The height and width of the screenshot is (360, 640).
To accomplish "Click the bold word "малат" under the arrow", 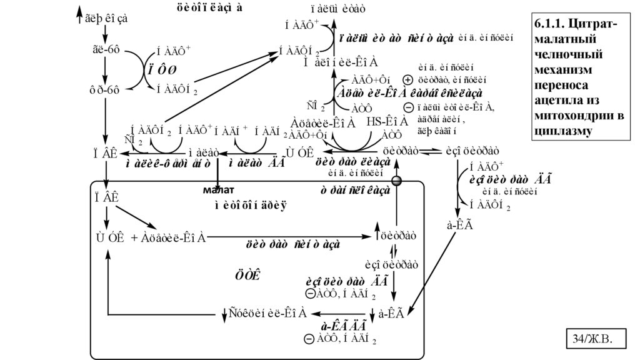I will click(217, 189).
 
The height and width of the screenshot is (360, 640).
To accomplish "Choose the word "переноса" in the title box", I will click(561, 84).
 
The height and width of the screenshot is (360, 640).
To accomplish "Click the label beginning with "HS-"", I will click(387, 122).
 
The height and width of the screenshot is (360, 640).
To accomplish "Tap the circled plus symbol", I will click(407, 80).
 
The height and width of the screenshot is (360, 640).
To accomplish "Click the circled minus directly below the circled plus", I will click(407, 107).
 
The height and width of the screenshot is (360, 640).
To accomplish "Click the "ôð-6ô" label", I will click(104, 89).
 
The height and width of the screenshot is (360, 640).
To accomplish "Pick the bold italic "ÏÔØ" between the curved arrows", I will click(162, 69).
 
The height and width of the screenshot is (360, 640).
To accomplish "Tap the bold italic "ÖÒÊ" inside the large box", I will click(247, 275).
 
